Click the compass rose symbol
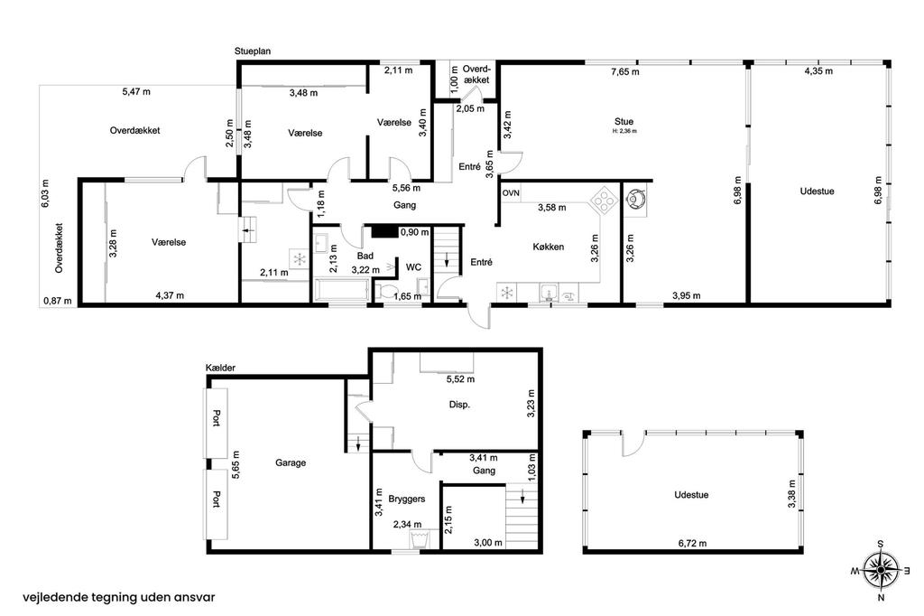(x=881, y=569)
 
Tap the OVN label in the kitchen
(x=511, y=193)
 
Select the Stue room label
(x=624, y=122)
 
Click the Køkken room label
(x=548, y=247)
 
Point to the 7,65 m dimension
(x=625, y=72)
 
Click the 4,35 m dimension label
(x=818, y=70)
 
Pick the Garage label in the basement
(x=291, y=462)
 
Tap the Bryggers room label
(x=407, y=499)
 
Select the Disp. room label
(x=459, y=405)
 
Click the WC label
(x=413, y=267)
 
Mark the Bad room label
(x=365, y=257)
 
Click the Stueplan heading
(x=253, y=51)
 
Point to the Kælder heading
(x=220, y=368)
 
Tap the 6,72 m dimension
(x=692, y=543)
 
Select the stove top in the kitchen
(x=604, y=199)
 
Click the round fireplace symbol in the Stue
(x=635, y=199)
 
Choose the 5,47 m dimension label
(x=136, y=91)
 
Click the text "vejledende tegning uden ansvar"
(x=119, y=597)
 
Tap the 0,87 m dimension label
(x=58, y=302)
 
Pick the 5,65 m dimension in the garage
(x=236, y=464)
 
